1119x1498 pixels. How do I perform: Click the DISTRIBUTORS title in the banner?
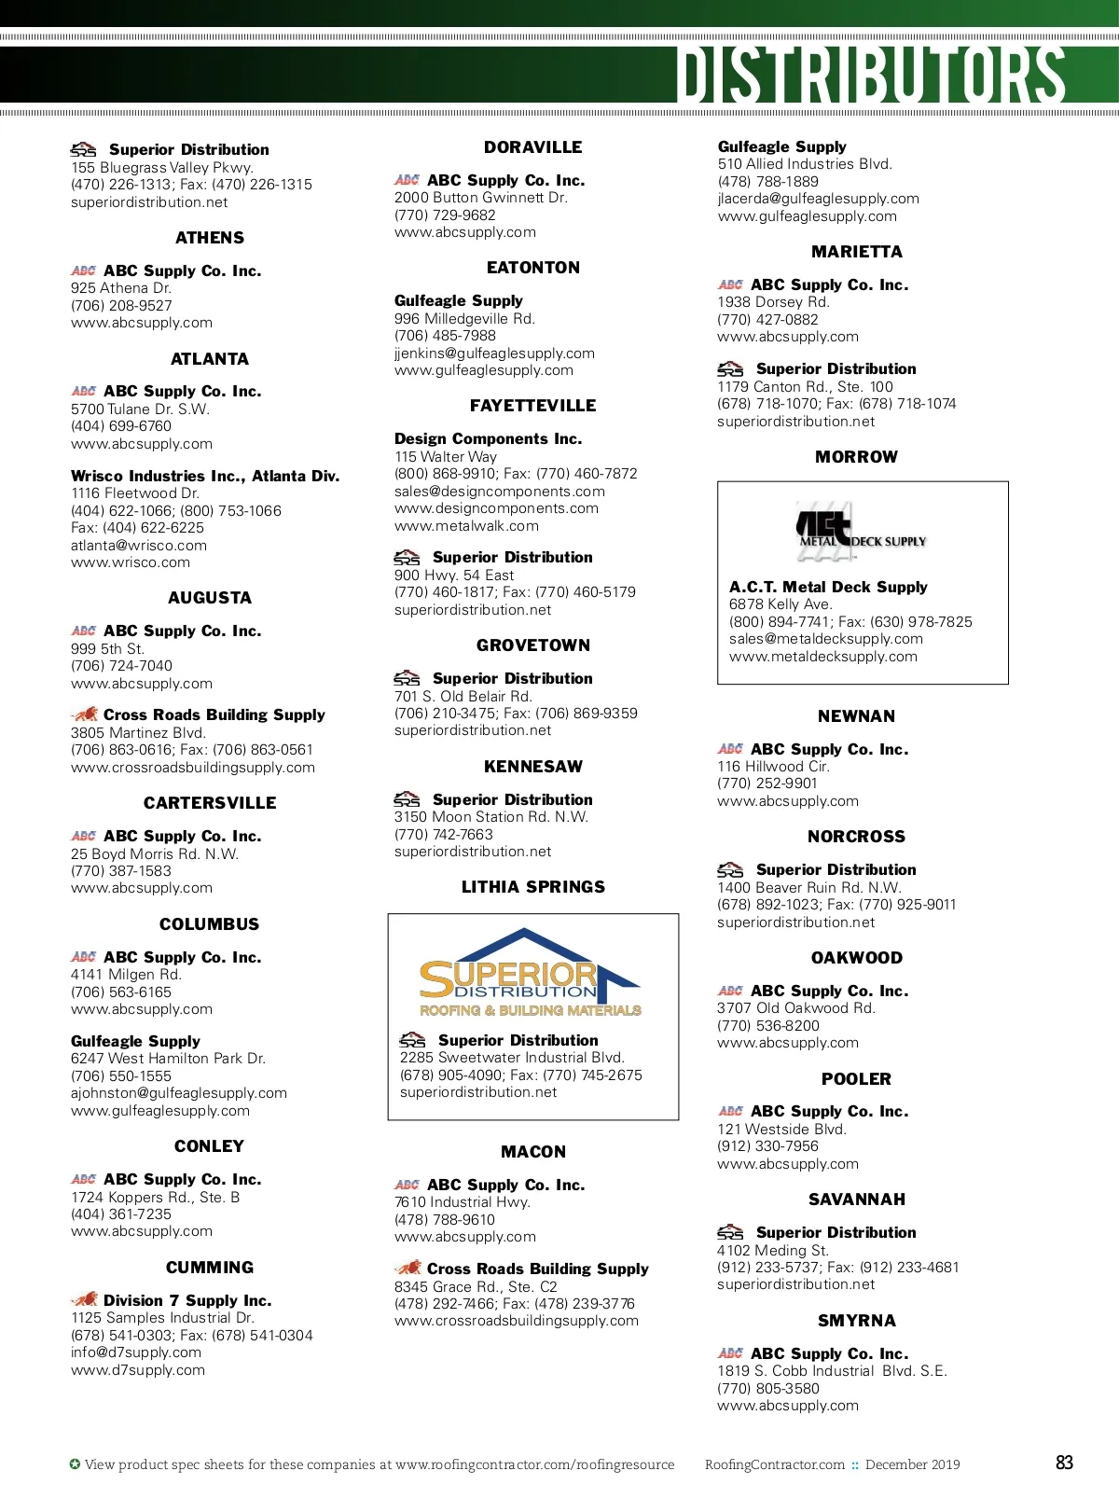tap(871, 75)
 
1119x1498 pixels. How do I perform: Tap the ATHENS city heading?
tap(210, 238)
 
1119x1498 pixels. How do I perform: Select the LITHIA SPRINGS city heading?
tap(532, 887)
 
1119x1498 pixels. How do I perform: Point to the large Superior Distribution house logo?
tap(530, 974)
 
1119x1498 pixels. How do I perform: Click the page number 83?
tap(1064, 1463)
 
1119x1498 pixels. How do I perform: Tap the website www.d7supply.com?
tap(138, 1370)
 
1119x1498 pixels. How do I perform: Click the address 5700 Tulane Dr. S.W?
tap(140, 409)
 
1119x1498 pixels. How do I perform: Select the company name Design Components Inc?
tap(488, 438)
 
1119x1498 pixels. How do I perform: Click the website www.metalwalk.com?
tap(466, 526)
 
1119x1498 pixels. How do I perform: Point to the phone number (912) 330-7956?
tap(767, 1146)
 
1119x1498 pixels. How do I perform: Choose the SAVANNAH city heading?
tap(856, 1200)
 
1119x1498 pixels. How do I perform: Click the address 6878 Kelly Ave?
tap(781, 604)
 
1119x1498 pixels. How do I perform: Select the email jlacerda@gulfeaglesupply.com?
tap(818, 199)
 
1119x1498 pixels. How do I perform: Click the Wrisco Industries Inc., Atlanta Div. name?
tap(205, 476)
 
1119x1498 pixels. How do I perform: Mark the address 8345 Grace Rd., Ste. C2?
tap(476, 1286)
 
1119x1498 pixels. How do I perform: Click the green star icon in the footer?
tap(75, 1464)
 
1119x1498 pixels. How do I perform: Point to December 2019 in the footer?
tap(912, 1464)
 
